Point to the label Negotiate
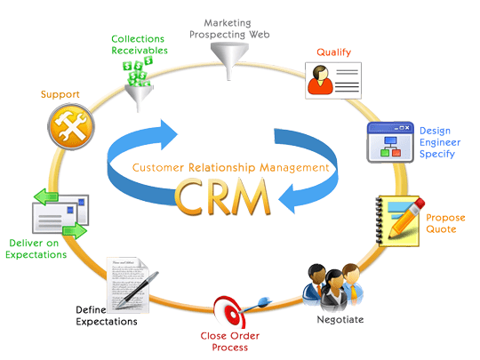(x=340, y=318)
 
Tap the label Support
(x=61, y=93)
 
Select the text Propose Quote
(x=440, y=223)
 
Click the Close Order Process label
(x=237, y=342)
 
